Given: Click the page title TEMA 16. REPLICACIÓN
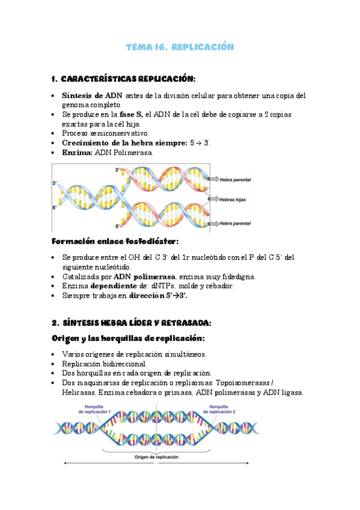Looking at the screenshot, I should point(180,47).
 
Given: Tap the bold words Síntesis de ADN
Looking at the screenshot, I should point(92,95).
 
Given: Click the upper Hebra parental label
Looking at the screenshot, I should point(235,179).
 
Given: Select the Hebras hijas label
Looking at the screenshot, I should point(232,199).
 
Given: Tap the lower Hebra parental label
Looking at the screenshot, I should point(235,223).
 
